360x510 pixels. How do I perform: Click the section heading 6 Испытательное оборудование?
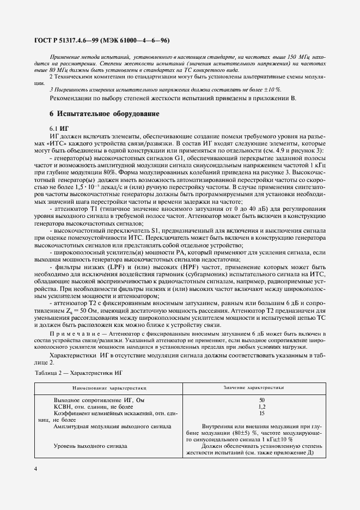point(105,114)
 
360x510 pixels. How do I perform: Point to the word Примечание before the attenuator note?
point(74,332)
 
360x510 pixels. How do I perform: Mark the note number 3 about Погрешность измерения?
point(51,89)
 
